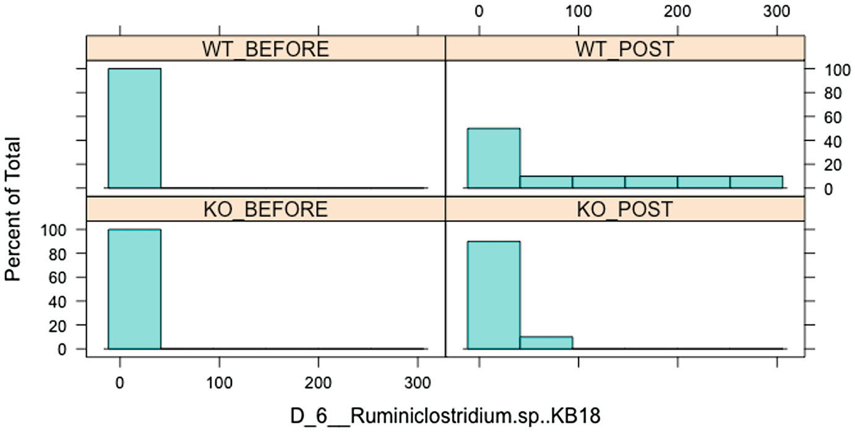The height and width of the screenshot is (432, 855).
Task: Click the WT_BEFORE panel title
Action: point(265,50)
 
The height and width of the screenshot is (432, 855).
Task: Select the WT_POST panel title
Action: point(624,50)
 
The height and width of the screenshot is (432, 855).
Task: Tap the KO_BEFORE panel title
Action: point(265,210)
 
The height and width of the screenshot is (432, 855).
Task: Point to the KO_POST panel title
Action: point(624,210)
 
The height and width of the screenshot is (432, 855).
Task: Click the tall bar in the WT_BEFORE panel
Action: point(134,127)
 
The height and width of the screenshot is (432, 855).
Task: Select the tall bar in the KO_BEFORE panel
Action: point(134,288)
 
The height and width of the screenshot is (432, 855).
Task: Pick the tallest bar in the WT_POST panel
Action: point(494,158)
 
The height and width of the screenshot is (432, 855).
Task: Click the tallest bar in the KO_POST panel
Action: point(494,295)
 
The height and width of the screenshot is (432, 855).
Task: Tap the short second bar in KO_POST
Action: point(546,342)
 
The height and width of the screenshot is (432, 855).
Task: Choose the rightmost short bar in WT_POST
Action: point(756,182)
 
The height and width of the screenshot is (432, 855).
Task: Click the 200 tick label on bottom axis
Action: point(318,384)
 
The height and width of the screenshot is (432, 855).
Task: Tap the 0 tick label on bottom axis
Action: point(120,384)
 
